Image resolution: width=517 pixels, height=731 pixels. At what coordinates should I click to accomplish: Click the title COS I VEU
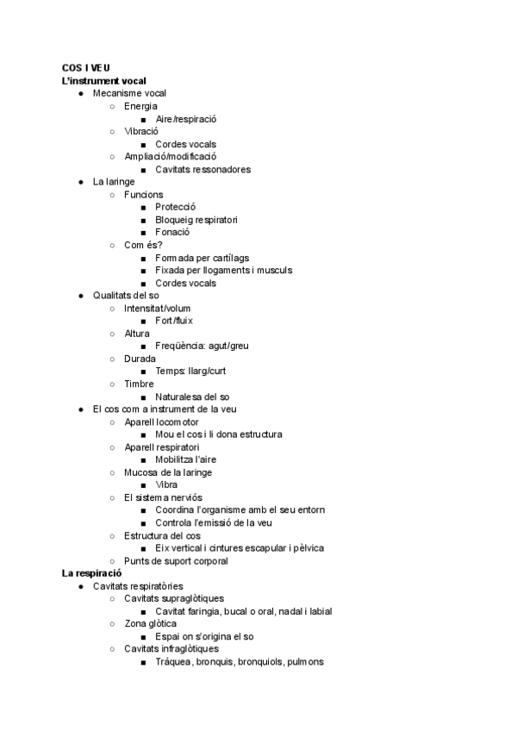click(85, 68)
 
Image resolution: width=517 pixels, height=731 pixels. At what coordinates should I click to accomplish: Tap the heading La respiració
click(91, 573)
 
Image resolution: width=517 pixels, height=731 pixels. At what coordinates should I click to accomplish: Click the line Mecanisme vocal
click(129, 93)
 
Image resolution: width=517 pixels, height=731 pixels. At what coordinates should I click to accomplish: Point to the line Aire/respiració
click(185, 119)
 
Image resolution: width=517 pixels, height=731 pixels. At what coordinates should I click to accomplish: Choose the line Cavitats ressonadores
click(203, 170)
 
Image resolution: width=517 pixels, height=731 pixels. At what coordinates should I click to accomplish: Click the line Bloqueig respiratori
click(196, 220)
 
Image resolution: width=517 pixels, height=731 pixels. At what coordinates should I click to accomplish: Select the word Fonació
click(172, 233)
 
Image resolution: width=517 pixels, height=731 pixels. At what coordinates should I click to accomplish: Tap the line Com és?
click(143, 246)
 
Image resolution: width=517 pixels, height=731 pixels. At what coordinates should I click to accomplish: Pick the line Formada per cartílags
click(202, 258)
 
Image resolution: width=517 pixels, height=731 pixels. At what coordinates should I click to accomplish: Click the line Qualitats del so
click(126, 296)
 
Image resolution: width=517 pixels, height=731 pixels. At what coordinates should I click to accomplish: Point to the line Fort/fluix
click(174, 321)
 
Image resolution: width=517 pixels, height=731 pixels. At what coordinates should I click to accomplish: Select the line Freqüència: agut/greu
click(202, 347)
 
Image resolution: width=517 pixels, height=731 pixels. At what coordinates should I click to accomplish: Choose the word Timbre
click(139, 384)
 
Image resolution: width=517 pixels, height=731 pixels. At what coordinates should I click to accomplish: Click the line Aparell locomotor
click(161, 422)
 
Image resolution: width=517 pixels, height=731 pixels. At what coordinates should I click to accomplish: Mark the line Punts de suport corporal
click(176, 561)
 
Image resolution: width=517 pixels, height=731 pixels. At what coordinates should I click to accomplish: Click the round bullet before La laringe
click(80, 183)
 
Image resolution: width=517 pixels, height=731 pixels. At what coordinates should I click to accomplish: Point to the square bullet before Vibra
click(143, 485)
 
